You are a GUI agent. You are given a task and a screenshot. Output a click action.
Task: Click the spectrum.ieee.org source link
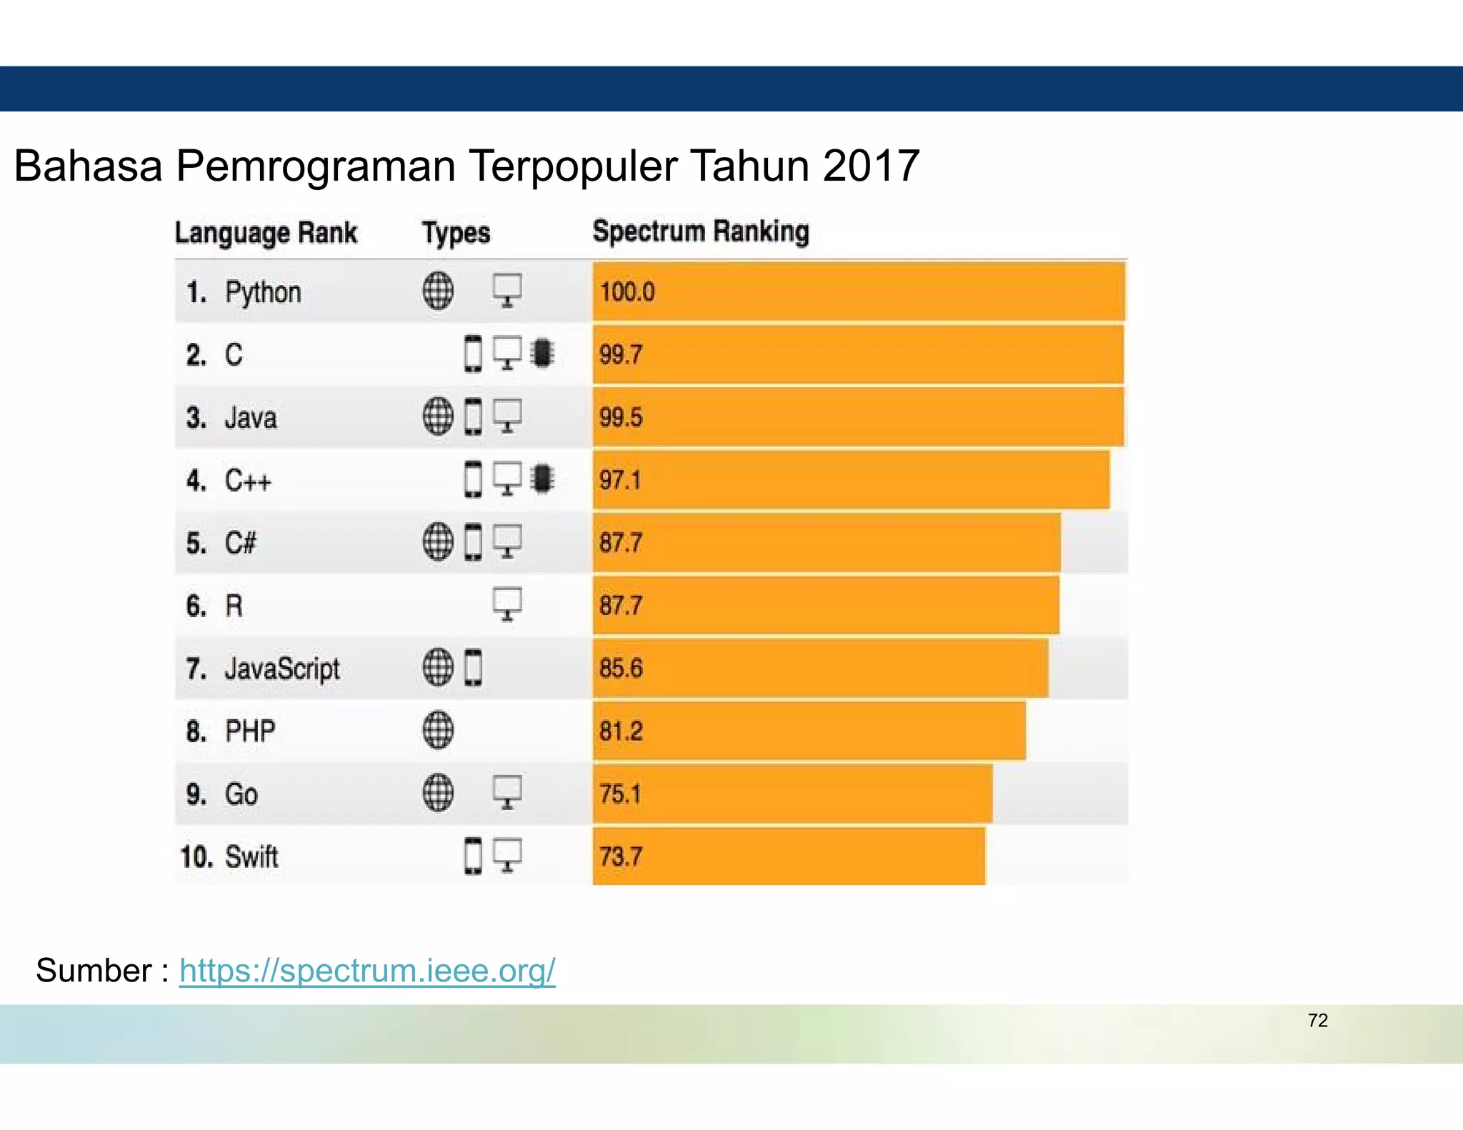[x=367, y=970]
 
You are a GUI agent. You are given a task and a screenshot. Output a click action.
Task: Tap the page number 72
[x=1317, y=1020]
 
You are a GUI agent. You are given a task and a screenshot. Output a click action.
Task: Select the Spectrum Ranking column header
[x=701, y=231]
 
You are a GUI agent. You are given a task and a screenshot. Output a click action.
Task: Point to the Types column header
[x=456, y=233]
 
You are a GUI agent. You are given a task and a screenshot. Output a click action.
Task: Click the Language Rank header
[x=266, y=233]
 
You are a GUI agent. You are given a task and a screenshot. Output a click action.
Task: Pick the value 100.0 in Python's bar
[x=627, y=291]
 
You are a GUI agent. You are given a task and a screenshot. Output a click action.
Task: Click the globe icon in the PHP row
[x=438, y=730]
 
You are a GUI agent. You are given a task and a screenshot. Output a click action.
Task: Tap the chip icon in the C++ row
[x=543, y=479]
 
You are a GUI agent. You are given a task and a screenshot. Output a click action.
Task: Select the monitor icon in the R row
[x=507, y=604]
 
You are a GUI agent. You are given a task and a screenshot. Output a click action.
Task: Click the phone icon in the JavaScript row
[x=473, y=668]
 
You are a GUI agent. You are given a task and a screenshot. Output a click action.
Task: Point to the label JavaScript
[x=282, y=669]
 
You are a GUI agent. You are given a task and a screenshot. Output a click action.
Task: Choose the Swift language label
[x=251, y=856]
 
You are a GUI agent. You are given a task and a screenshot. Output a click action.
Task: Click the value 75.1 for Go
[x=620, y=794]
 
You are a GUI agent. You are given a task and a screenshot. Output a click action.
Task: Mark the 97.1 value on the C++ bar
[x=620, y=480]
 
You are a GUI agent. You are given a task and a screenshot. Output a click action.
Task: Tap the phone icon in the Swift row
[x=473, y=856]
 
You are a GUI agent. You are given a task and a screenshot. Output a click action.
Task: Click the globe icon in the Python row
[x=438, y=291]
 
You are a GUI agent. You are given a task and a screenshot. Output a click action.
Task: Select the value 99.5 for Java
[x=621, y=417]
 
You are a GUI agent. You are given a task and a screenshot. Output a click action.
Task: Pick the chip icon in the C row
[x=543, y=353]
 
